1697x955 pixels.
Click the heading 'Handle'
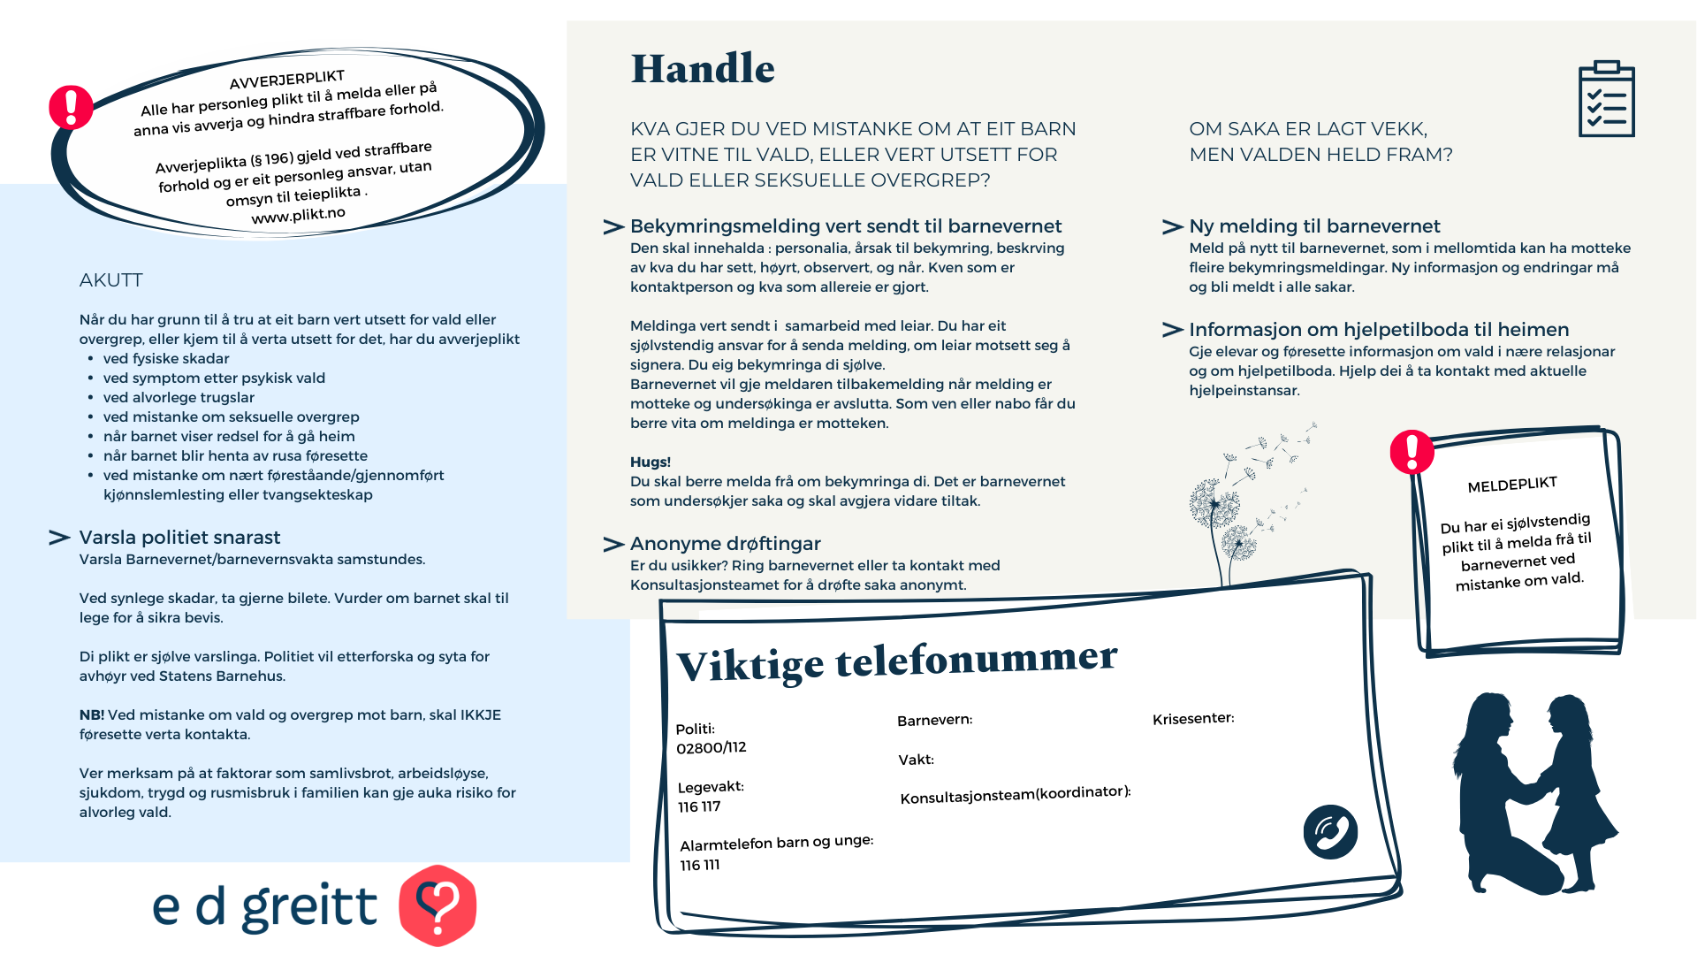[703, 69]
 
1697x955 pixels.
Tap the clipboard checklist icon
[1606, 99]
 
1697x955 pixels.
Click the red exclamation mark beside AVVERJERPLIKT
[71, 107]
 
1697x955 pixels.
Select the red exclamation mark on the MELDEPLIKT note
[1412, 452]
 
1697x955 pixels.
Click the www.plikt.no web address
[298, 215]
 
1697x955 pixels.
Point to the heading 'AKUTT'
[110, 280]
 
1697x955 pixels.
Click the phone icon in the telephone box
[1330, 832]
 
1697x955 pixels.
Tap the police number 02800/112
[712, 748]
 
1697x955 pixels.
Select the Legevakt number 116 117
[699, 806]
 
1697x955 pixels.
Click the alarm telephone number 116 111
[700, 865]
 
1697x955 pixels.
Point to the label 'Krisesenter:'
[1193, 718]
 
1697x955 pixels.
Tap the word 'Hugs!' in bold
[651, 462]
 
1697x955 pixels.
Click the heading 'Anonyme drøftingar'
[725, 544]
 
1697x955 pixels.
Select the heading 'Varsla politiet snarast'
[179, 538]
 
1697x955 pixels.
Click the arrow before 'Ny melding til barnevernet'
[1172, 227]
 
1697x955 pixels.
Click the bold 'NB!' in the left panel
[92, 714]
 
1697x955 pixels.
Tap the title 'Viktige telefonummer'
[896, 661]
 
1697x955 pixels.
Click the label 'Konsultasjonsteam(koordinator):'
[1016, 795]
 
